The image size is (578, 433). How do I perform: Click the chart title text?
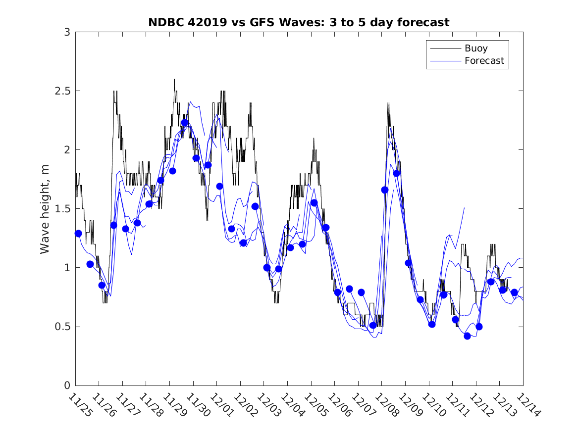tap(299, 22)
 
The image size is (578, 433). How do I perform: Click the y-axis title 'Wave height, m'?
tap(45, 209)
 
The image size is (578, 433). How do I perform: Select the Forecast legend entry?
tap(484, 61)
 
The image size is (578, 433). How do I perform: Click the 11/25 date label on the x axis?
tap(80, 405)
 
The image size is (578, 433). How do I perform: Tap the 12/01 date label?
tap(221, 405)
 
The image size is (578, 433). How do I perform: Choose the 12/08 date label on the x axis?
tap(386, 405)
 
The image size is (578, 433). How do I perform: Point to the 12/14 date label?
tap(527, 405)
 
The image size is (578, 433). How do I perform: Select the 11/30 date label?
tap(198, 405)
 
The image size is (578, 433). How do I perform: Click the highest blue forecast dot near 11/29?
tap(184, 123)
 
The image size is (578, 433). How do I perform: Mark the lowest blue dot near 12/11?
tap(467, 336)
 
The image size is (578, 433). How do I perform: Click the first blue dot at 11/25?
tap(78, 233)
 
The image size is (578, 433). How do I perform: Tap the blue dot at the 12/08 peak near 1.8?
tap(396, 173)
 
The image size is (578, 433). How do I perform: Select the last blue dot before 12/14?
tap(514, 292)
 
